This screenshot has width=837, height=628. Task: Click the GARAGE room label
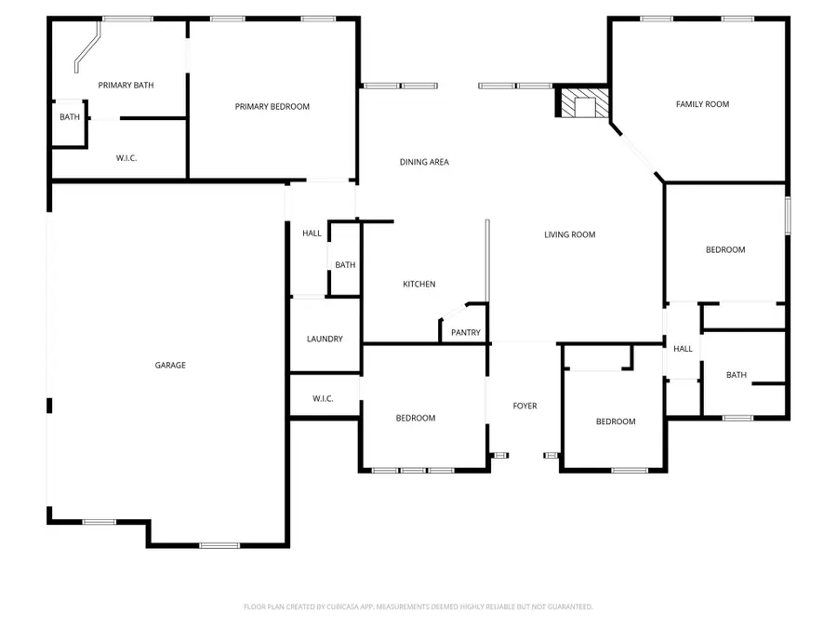point(170,366)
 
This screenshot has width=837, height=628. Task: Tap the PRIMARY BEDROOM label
point(272,107)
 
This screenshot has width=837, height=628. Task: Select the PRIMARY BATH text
point(126,86)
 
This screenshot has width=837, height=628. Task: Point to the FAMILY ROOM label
point(702,104)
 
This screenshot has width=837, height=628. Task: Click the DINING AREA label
point(424,162)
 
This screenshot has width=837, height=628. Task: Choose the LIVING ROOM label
point(569,235)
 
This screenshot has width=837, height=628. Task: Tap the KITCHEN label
point(418,285)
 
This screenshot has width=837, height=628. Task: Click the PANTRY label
point(465,333)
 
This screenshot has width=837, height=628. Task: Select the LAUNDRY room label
point(325,340)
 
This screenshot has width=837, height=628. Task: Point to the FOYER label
point(525,406)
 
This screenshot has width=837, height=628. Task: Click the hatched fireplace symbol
point(583,102)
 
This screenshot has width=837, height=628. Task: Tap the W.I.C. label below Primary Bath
point(126,158)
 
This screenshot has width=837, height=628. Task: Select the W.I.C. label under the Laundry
point(323,399)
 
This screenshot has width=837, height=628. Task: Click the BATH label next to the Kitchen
point(345,265)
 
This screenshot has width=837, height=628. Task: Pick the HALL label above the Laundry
point(312,234)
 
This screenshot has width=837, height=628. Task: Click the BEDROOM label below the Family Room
point(724,250)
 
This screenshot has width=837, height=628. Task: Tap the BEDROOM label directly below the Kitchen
point(416,419)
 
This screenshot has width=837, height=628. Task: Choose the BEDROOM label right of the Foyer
point(615,422)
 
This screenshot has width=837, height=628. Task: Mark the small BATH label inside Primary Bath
point(70,117)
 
